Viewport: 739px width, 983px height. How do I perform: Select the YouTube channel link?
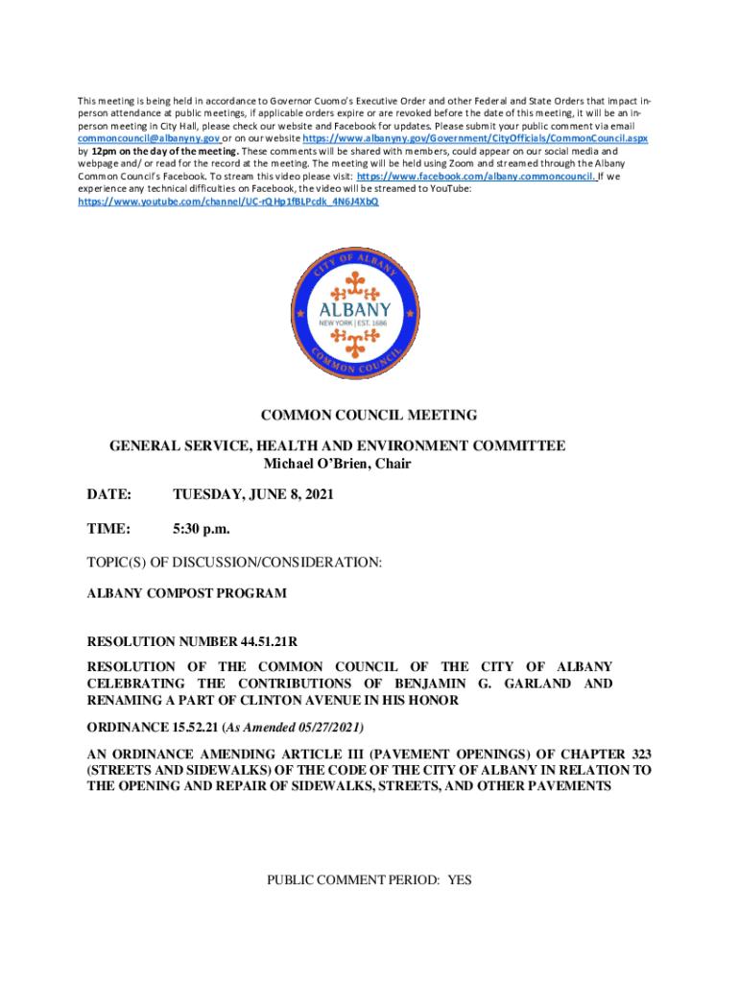(x=227, y=203)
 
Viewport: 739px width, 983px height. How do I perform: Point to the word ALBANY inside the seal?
(x=355, y=309)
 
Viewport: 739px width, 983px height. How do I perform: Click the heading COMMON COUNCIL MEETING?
(x=369, y=416)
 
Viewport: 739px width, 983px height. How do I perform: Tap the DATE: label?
(x=108, y=495)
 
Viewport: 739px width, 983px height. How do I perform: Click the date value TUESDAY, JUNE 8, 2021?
(x=253, y=495)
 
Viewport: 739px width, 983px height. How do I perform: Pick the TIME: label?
(x=107, y=529)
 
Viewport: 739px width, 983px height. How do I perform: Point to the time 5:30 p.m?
(x=202, y=529)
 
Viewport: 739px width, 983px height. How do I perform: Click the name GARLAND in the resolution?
(x=535, y=683)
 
